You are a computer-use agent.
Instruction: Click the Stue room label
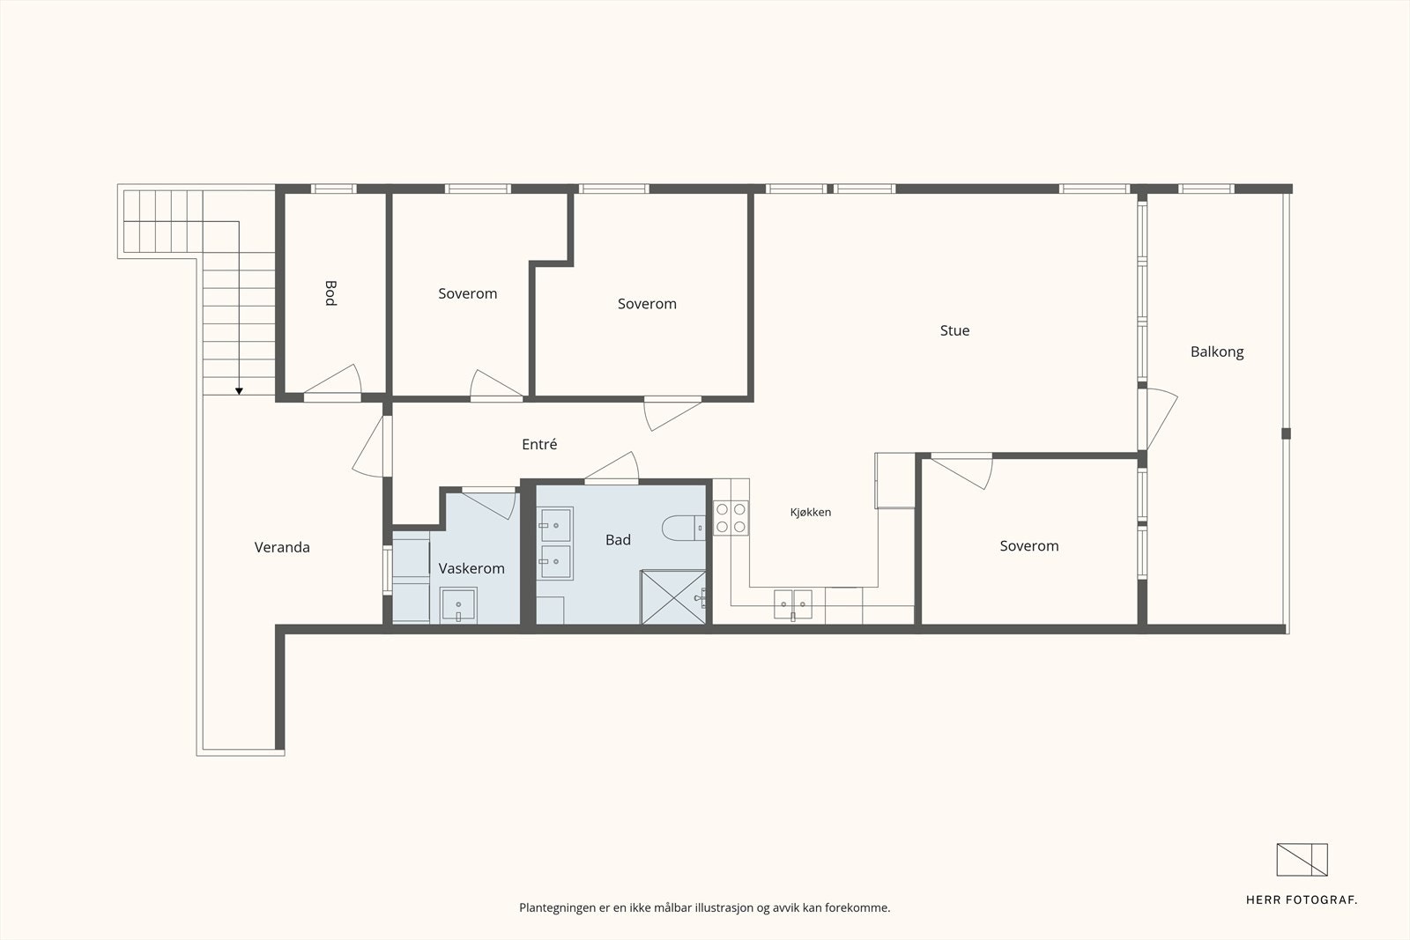point(954,330)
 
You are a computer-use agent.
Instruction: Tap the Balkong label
point(1217,352)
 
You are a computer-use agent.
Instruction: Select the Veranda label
point(282,547)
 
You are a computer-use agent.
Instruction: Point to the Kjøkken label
point(810,512)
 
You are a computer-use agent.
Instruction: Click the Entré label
point(539,444)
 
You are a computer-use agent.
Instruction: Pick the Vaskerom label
point(471,568)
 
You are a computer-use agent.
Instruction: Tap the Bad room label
point(618,539)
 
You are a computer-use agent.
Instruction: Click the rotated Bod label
point(330,293)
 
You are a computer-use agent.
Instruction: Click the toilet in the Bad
point(684,528)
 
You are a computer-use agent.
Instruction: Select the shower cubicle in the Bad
point(673,597)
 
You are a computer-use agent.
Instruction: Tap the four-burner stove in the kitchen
point(731,518)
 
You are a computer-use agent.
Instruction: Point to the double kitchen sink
point(792,604)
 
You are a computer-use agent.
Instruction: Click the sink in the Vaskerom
point(458,605)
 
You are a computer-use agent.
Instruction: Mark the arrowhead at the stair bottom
point(239,391)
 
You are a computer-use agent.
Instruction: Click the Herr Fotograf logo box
point(1302,860)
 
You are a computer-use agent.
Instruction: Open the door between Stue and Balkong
point(1158,419)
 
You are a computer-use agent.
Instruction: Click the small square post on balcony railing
point(1286,433)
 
